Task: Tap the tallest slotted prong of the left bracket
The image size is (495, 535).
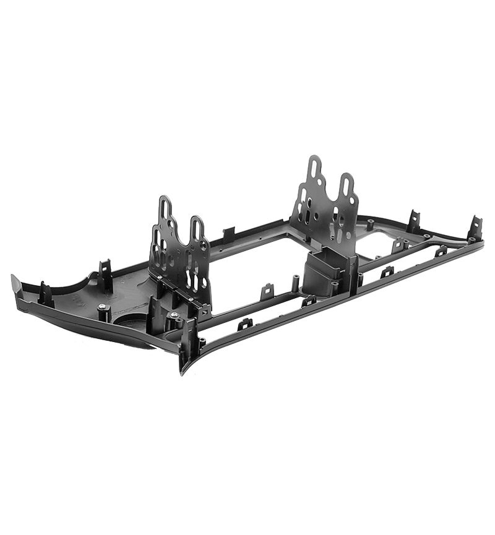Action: [x=165, y=216]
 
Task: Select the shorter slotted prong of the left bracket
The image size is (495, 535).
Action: [x=196, y=238]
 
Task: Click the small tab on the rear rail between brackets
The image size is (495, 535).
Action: [x=229, y=234]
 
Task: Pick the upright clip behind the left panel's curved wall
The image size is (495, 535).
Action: [x=105, y=275]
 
